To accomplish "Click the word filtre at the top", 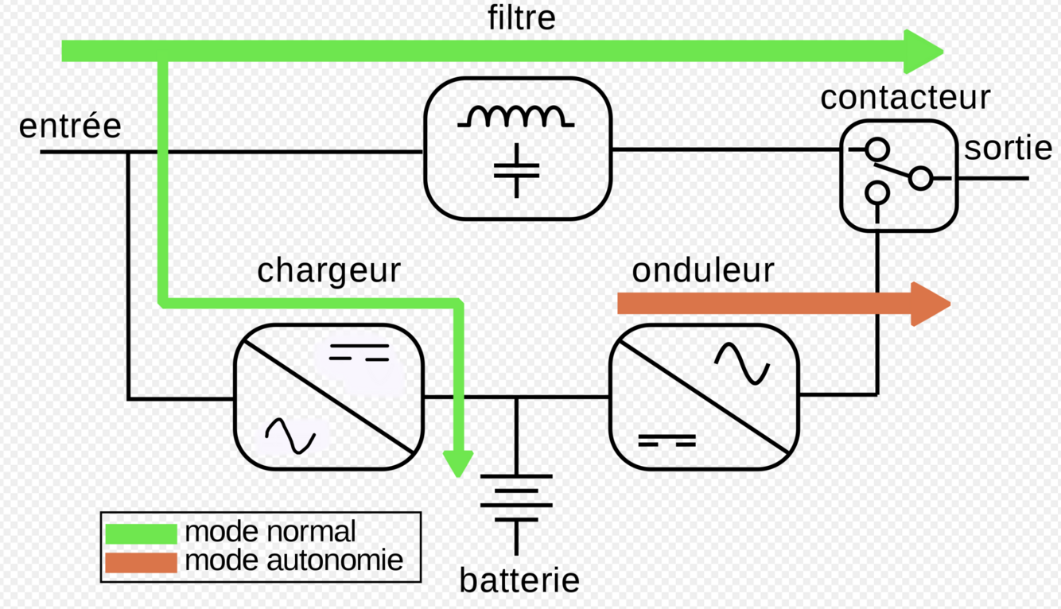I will click(x=521, y=18).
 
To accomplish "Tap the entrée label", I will click(x=70, y=126).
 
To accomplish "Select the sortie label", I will click(x=1009, y=148).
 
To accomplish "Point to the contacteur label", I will click(x=905, y=98).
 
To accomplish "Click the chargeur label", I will click(x=328, y=271).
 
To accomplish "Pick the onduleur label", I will click(x=702, y=270).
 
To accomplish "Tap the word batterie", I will click(x=519, y=581).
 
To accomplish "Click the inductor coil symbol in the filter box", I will click(x=516, y=117).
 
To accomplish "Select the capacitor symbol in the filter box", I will click(x=516, y=169).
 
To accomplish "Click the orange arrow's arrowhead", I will click(x=931, y=304).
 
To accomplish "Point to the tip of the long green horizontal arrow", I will click(x=939, y=52).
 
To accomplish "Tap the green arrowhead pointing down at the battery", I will click(x=458, y=464).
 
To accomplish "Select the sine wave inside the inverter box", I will click(x=741, y=363).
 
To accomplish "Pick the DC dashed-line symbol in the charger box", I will click(x=359, y=353).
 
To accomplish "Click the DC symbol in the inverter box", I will click(x=667, y=440).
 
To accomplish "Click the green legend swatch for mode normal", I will click(x=141, y=533).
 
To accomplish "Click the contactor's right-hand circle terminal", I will click(x=920, y=179).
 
